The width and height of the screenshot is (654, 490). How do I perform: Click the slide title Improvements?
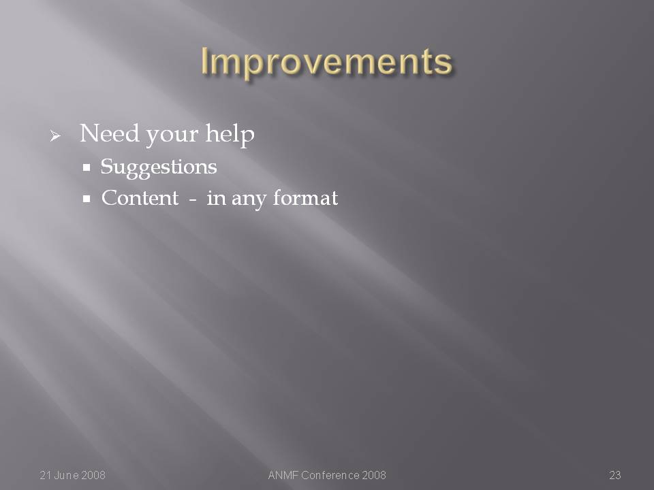pos(326,62)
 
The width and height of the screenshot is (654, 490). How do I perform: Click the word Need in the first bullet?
pos(109,133)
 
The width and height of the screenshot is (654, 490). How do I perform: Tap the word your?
pos(172,136)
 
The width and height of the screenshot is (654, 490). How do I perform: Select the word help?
pos(230,135)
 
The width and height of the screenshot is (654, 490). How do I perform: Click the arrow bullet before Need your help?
pos(55,135)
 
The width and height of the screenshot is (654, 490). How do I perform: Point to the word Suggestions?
pos(159,167)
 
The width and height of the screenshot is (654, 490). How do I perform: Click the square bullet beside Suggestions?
pos(87,167)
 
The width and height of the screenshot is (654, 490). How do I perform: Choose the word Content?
pos(140,198)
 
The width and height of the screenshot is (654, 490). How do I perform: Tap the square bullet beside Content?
pos(87,199)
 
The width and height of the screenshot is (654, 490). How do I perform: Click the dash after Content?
pos(192,200)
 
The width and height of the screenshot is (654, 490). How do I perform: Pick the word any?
pos(249,199)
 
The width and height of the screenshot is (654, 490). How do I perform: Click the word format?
pos(305,198)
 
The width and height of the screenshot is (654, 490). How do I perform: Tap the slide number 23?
pos(615,475)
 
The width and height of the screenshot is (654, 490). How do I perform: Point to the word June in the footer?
pos(66,475)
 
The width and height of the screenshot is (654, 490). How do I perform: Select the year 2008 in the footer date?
pos(93,475)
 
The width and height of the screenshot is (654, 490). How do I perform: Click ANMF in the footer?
pos(283,475)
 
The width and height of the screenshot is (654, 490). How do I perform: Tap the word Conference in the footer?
pos(330,475)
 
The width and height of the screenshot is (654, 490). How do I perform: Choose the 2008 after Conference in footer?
pos(374,475)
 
